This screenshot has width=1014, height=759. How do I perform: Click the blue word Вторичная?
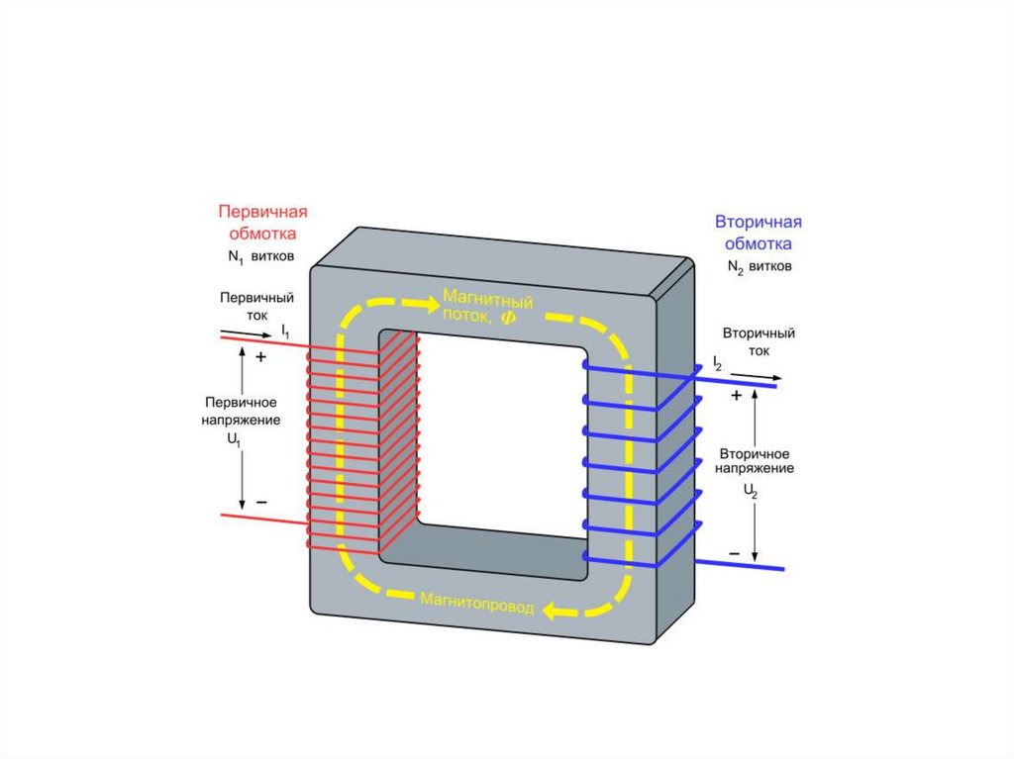758,222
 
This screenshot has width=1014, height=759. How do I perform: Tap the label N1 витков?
259,257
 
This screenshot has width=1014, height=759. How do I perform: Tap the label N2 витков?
760,267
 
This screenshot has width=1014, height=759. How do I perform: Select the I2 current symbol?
717,365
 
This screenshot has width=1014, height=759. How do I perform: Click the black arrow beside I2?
760,377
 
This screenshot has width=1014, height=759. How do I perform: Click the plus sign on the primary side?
260,357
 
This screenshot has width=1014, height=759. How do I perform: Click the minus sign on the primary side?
261,503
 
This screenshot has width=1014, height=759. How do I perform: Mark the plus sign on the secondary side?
736,395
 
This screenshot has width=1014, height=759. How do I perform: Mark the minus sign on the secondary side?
735,553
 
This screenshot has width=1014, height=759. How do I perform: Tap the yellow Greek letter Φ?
509,317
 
